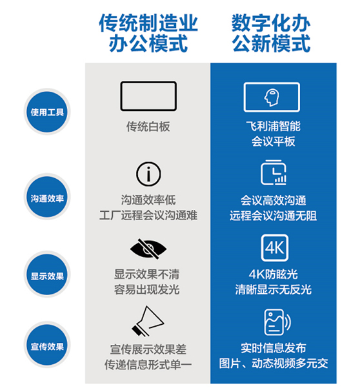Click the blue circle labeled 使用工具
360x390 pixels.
pos(47,112)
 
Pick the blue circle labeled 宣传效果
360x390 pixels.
pos(47,345)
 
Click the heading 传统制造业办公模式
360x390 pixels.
pos(148,33)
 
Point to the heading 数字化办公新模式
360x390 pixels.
pos(271,33)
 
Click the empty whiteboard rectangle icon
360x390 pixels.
pos(148,96)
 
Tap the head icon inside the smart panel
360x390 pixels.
pos(272,97)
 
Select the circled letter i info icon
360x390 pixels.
pos(148,174)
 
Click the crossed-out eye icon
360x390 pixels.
pos(148,249)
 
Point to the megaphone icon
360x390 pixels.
pos(148,322)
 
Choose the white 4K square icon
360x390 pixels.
pos(275,248)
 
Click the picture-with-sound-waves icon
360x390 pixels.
pos(277,322)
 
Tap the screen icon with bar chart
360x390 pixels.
pos(274,172)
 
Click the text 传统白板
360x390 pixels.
pos(148,127)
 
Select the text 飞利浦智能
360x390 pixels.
pos(274,126)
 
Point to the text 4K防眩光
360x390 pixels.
pos(274,274)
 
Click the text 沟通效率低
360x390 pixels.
pos(148,200)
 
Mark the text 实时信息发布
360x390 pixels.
pos(274,348)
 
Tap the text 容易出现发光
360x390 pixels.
pos(147,289)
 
